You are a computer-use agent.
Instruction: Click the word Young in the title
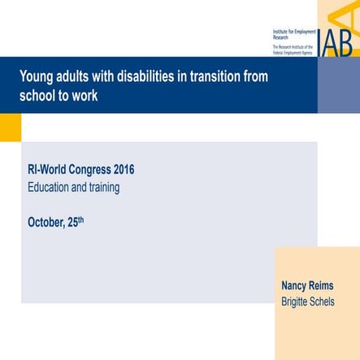pos(37,77)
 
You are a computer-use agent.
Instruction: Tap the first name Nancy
pos(296,286)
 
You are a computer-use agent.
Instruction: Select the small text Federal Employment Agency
pos(293,51)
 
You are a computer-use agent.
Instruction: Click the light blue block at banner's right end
pos(338,85)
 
